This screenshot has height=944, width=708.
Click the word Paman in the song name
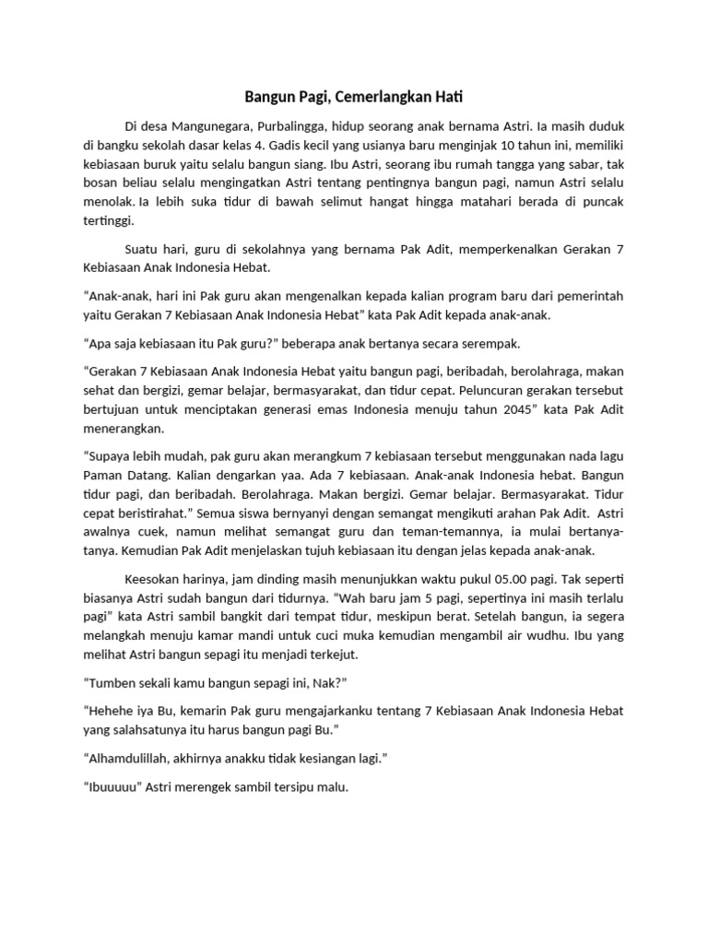click(x=103, y=477)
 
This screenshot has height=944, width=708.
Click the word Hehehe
click(x=116, y=711)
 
